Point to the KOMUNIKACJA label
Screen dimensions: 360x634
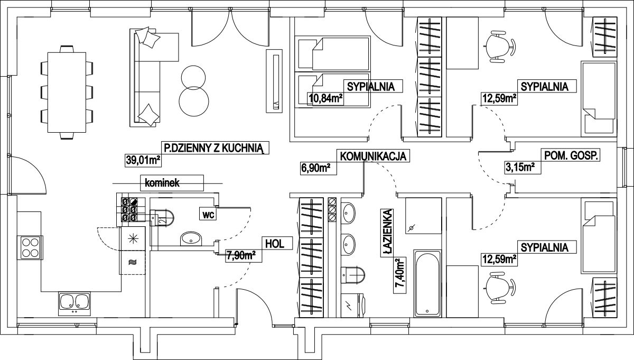[372, 156]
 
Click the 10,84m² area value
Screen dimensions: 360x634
[325, 98]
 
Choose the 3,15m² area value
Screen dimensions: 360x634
[520, 168]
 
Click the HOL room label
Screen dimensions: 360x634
[275, 244]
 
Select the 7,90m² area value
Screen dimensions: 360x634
[241, 256]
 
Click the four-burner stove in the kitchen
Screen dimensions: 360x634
[30, 247]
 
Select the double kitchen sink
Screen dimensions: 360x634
[73, 302]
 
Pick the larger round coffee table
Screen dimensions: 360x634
[193, 100]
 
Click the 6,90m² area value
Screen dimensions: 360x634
[315, 168]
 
